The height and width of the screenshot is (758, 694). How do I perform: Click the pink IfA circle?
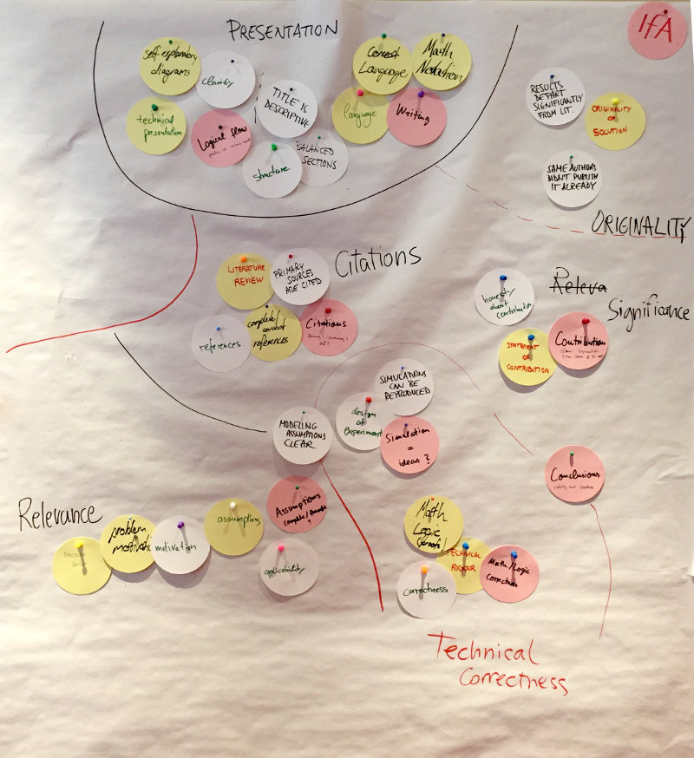pos(657,30)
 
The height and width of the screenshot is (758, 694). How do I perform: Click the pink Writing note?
pos(416,117)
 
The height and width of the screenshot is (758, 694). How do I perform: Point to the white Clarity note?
pos(226,81)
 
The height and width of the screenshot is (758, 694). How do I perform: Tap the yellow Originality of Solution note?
pos(615,121)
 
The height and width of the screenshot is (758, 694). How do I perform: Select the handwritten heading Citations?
pos(377,257)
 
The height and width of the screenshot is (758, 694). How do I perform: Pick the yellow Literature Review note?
pos(246,280)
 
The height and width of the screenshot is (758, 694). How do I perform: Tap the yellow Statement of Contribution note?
pos(527,357)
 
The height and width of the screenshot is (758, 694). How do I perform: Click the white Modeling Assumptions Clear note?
pos(302,435)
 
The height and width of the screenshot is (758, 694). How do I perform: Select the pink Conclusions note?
pos(574,474)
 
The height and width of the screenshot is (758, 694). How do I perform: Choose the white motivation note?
pos(180,546)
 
